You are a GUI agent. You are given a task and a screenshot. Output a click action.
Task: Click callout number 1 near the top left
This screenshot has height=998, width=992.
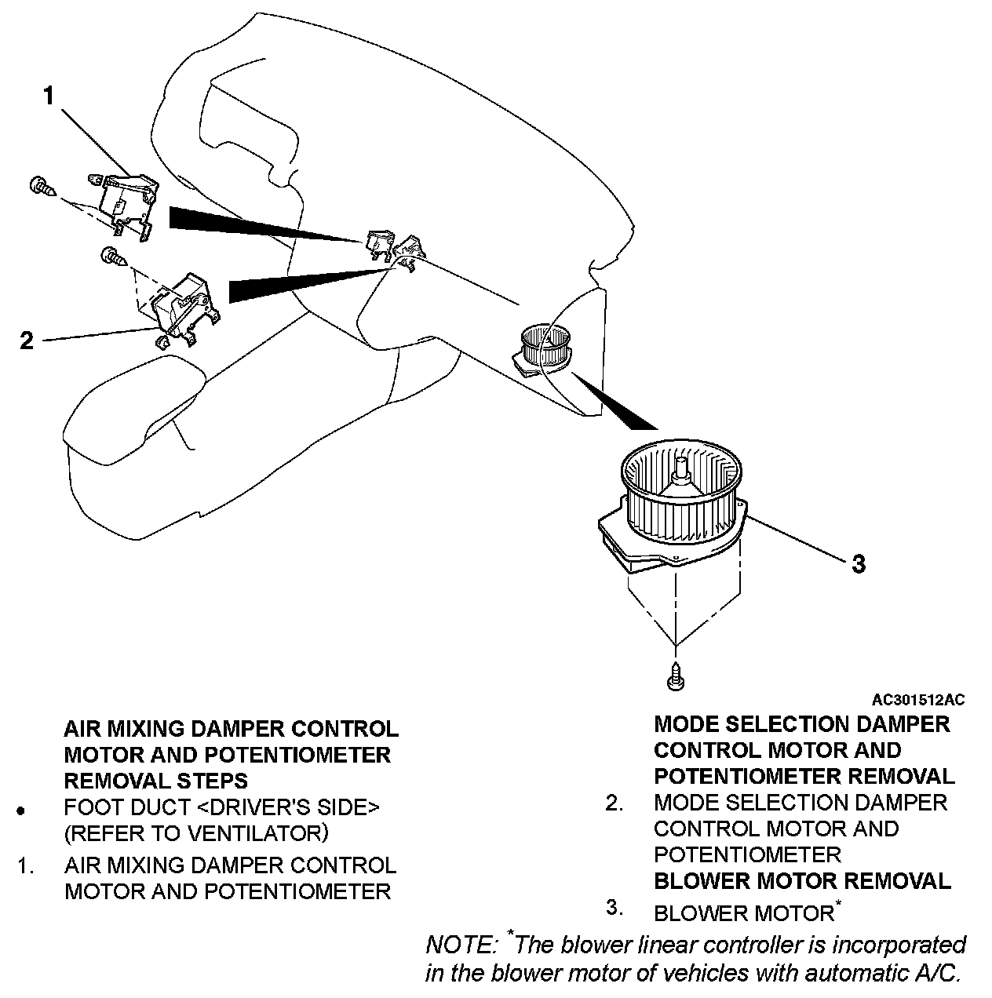pos(49,96)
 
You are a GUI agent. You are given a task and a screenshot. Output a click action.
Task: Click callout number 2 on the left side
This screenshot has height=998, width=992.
pos(27,341)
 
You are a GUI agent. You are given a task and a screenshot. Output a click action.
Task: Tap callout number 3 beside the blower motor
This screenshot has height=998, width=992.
pos(859,563)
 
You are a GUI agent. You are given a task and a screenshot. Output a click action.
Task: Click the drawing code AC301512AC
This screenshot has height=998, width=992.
pos(918,699)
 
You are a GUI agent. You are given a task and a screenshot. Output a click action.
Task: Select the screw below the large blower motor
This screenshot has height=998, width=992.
pos(674,677)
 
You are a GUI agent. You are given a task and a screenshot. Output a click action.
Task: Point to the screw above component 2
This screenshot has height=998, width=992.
pos(112,256)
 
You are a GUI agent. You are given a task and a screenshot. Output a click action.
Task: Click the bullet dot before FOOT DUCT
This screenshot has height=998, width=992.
pos(21,810)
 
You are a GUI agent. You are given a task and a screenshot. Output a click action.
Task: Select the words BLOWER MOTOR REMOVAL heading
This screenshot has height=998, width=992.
pos(801,880)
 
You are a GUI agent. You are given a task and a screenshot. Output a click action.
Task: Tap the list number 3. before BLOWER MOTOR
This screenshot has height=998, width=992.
pos(615,908)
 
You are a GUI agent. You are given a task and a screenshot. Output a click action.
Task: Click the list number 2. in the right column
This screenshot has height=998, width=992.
pos(615,803)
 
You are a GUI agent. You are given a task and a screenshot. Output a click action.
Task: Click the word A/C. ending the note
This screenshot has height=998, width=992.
pos(938,973)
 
